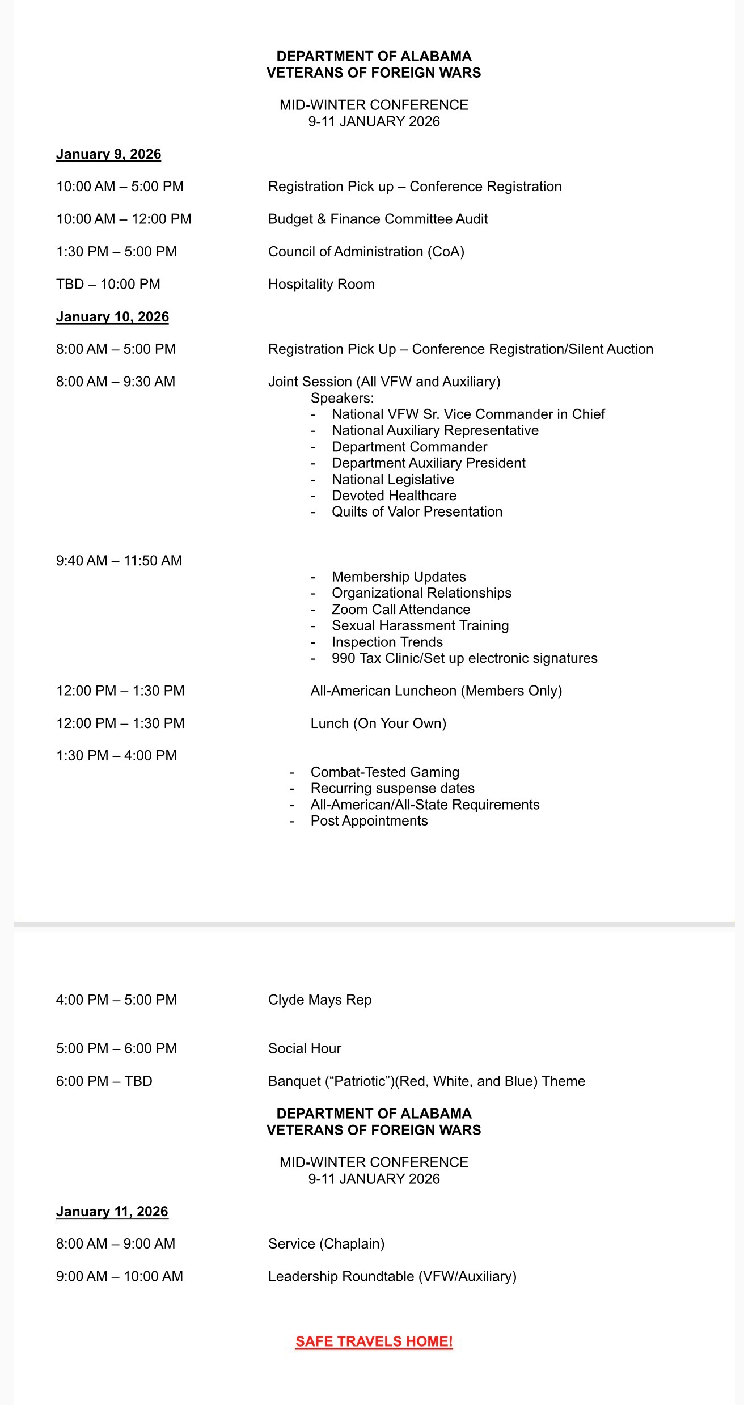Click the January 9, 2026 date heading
[108, 154]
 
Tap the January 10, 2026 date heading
[112, 317]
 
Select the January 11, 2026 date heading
[112, 1211]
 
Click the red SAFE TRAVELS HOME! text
[374, 1341]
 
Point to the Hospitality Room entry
[321, 284]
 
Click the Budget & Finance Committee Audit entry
[378, 219]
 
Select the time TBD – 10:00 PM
[108, 284]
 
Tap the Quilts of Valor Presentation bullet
[417, 511]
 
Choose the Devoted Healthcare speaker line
[394, 496]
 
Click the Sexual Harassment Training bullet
[420, 625]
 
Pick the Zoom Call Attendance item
[401, 609]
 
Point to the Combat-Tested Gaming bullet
[384, 772]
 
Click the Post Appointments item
[369, 820]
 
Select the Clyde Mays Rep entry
[320, 1000]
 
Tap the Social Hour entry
[305, 1048]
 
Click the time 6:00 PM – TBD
[104, 1081]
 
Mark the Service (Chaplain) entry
[326, 1243]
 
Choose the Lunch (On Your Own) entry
[378, 723]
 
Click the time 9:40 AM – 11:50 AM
[119, 560]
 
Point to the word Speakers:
[342, 398]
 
